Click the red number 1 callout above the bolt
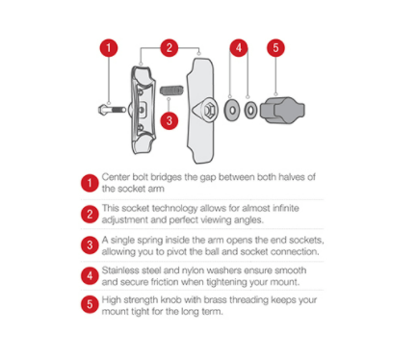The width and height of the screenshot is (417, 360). click(109, 48)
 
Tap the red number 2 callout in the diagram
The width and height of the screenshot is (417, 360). click(169, 48)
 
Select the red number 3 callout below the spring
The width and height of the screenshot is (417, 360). click(169, 120)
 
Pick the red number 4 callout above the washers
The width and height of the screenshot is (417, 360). click(239, 48)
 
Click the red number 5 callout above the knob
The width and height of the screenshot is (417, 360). click(275, 48)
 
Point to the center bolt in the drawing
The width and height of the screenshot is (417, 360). click(112, 110)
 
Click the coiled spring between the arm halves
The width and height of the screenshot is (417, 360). click(171, 90)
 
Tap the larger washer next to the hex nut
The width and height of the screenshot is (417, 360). click(232, 110)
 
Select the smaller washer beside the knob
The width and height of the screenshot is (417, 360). click(250, 111)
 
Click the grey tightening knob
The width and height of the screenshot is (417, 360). click(282, 111)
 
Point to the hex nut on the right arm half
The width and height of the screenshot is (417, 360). click(209, 110)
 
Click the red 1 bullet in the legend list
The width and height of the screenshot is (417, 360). click(90, 183)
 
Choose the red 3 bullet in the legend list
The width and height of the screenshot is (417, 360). click(90, 245)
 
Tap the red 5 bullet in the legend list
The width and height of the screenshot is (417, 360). click(90, 304)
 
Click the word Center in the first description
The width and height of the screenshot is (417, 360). click(116, 177)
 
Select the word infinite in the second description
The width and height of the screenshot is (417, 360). click(286, 208)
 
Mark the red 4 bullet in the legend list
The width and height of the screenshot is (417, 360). click(90, 276)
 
